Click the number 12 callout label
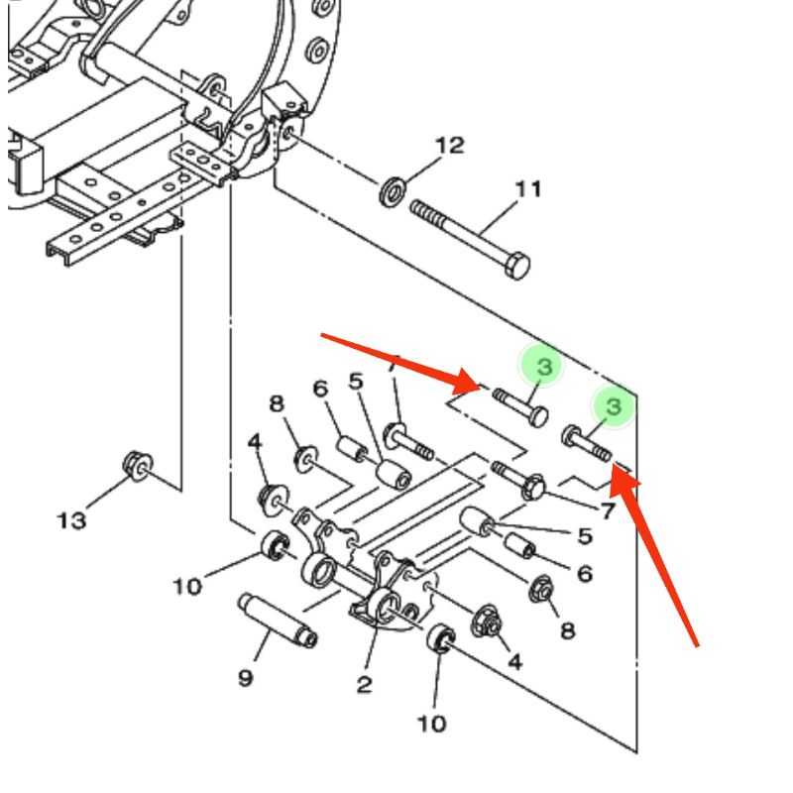click(x=450, y=146)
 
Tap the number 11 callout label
click(x=528, y=189)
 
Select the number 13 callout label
click(x=71, y=520)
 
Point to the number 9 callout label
click(x=245, y=678)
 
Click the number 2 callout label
click(x=364, y=684)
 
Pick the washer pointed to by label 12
click(x=393, y=191)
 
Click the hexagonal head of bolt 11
click(x=517, y=266)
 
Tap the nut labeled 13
click(x=138, y=466)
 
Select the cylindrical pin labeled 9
click(x=279, y=621)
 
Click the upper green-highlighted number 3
click(x=544, y=366)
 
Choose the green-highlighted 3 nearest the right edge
click(x=614, y=406)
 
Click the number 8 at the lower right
click(x=568, y=630)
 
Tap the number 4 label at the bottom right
click(x=514, y=661)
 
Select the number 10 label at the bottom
click(x=432, y=724)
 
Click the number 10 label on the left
click(x=187, y=587)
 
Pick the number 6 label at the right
click(x=585, y=574)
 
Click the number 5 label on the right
click(x=585, y=536)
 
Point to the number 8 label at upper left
click(x=277, y=403)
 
